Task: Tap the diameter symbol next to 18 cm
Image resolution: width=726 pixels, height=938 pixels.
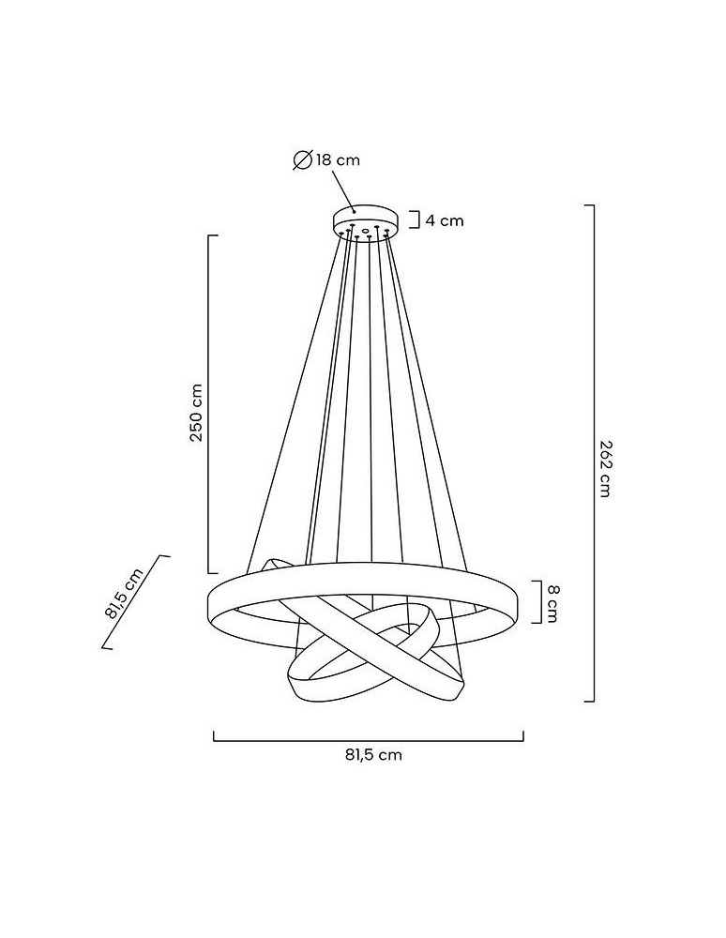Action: click(303, 160)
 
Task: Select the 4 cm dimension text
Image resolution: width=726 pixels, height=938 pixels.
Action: click(444, 221)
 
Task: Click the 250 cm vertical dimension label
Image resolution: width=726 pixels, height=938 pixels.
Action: click(197, 413)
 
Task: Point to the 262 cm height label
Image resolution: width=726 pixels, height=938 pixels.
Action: click(604, 469)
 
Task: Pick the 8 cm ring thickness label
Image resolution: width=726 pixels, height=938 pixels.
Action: click(552, 602)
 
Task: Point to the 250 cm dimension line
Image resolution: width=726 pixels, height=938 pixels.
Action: click(209, 403)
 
